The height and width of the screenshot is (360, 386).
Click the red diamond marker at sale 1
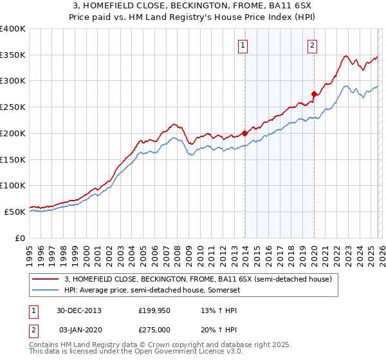coord(245,133)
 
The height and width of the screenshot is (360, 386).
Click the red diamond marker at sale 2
coord(314,94)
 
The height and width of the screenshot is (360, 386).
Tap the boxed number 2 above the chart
coord(312,45)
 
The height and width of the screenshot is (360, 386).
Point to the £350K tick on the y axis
coord(13,55)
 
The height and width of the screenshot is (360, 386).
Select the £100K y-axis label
coord(13,186)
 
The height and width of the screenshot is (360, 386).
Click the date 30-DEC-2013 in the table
coord(79,310)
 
